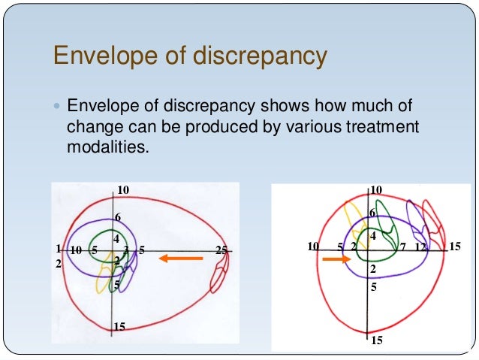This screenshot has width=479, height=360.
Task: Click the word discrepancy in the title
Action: coord(256,56)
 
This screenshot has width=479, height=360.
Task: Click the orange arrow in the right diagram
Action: coord(336,259)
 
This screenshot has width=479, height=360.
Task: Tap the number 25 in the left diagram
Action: coord(221,250)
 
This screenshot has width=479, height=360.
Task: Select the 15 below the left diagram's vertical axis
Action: coord(118,326)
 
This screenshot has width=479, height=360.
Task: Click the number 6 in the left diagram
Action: coord(118,218)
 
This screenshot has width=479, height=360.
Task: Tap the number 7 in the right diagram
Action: coord(402,247)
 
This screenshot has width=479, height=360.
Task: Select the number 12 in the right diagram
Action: coord(420,247)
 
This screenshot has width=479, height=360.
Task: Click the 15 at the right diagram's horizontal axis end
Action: coord(455,247)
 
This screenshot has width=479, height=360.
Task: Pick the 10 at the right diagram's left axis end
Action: coord(314,247)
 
